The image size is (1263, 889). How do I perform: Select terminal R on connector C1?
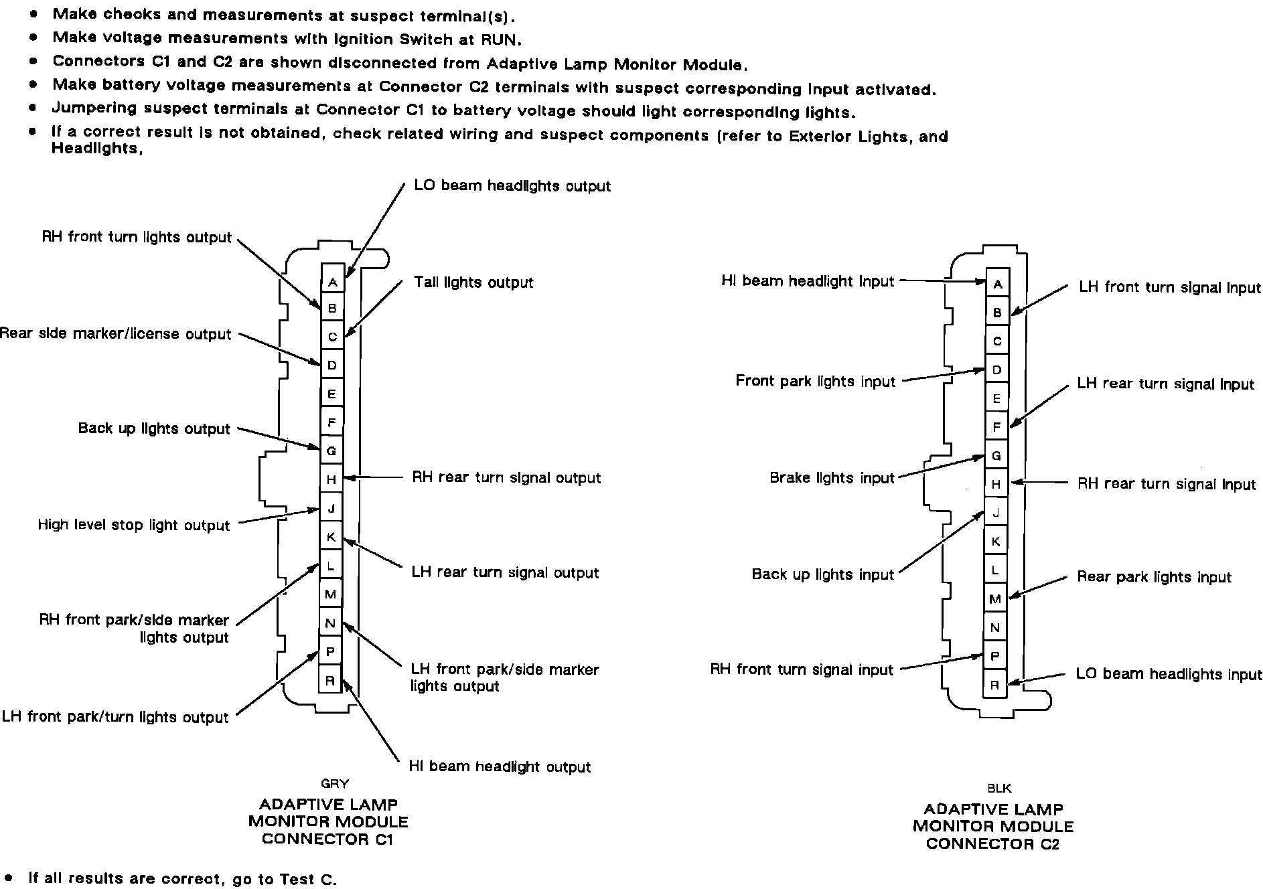coord(330,681)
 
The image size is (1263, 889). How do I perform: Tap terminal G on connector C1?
coord(331,451)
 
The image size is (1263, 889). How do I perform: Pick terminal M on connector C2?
coord(995,599)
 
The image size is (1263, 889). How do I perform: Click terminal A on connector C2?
coord(997,285)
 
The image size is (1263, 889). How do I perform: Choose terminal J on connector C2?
coord(996,513)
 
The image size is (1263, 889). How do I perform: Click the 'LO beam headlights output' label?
coord(512,185)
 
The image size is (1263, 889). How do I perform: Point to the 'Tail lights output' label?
coord(473,282)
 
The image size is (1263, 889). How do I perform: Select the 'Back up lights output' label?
coord(154,428)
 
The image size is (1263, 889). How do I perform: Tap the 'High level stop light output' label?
coord(134,525)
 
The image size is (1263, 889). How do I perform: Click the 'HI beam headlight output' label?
coord(500,766)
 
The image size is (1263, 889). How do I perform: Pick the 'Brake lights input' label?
coord(832,478)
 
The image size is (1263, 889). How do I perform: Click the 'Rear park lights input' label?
coord(1154,577)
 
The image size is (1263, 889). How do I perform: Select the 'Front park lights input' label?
coord(815,381)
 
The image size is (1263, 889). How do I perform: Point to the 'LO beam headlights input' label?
coord(1169,674)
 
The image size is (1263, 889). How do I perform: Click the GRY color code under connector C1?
coord(335,783)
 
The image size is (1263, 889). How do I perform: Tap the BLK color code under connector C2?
coord(999,789)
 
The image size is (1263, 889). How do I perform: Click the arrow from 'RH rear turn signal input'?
coord(1039,482)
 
